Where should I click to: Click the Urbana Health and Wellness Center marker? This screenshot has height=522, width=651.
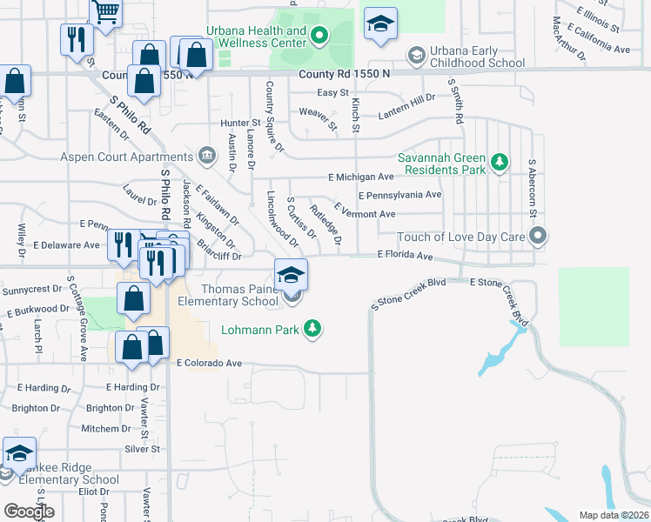319,36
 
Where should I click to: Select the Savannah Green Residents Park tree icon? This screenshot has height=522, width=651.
499,161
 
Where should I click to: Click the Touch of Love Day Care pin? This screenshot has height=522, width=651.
538,236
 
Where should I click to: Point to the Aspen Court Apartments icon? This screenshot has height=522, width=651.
207,157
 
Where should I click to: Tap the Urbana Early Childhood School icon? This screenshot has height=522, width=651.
416,57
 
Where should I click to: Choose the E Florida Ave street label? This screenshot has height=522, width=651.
404,256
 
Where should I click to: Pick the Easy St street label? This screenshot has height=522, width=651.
332,93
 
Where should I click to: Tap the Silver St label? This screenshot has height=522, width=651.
143,449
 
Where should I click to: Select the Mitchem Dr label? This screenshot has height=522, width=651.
106,429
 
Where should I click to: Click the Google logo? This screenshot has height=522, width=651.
29,512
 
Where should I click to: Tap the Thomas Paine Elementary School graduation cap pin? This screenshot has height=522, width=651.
292,276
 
